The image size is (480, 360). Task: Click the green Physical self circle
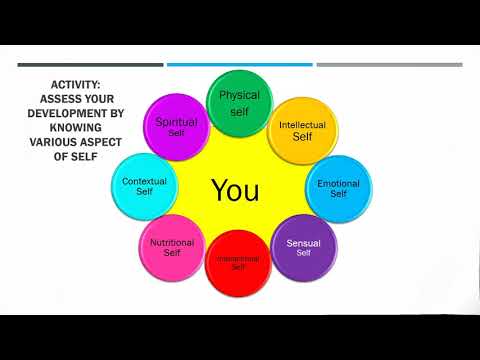point(239,101)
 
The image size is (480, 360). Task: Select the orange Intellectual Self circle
point(302,130)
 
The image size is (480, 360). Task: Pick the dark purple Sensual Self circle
point(303,247)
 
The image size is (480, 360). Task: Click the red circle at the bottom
point(238,263)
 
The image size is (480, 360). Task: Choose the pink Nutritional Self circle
point(171,246)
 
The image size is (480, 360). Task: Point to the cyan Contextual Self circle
point(144,186)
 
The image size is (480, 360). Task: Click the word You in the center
point(235,189)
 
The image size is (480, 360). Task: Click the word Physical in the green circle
point(239,95)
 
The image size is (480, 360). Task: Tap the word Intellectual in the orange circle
point(302,125)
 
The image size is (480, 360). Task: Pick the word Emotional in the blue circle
point(338,184)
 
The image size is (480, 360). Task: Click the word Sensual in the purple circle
point(303,243)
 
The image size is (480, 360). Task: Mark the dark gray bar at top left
point(90,65)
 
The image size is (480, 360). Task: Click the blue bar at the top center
point(239,65)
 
